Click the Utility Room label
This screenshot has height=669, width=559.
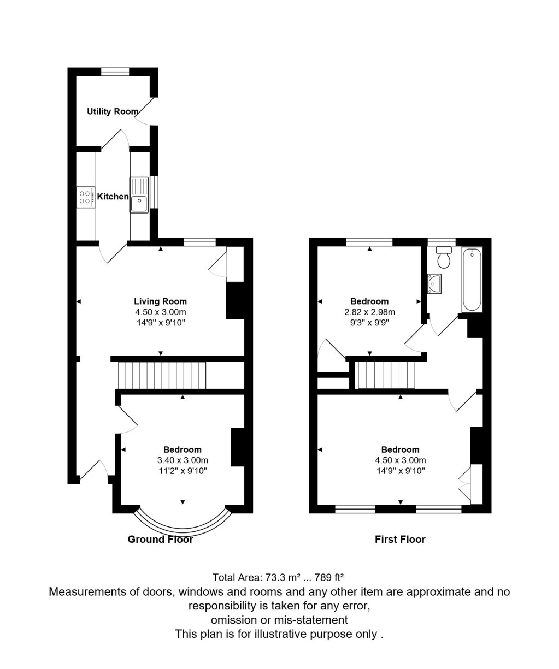[113, 111]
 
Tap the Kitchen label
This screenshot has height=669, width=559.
[113, 197]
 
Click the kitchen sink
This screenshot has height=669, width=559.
[139, 196]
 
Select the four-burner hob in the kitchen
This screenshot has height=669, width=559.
[85, 196]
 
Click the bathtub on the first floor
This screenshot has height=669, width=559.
[472, 280]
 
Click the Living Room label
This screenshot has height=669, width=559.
[160, 301]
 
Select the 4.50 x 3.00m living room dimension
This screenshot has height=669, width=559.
[160, 312]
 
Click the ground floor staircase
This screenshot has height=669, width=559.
[162, 376]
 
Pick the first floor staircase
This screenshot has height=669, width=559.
[385, 376]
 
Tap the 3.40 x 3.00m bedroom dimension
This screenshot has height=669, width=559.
[182, 460]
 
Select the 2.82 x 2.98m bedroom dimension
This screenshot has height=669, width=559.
[369, 312]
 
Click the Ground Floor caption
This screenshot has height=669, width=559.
[160, 540]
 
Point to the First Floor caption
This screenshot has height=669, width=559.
[400, 540]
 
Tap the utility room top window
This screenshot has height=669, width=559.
[115, 71]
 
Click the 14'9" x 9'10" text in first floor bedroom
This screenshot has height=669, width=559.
[401, 470]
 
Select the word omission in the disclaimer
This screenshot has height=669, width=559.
[235, 620]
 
